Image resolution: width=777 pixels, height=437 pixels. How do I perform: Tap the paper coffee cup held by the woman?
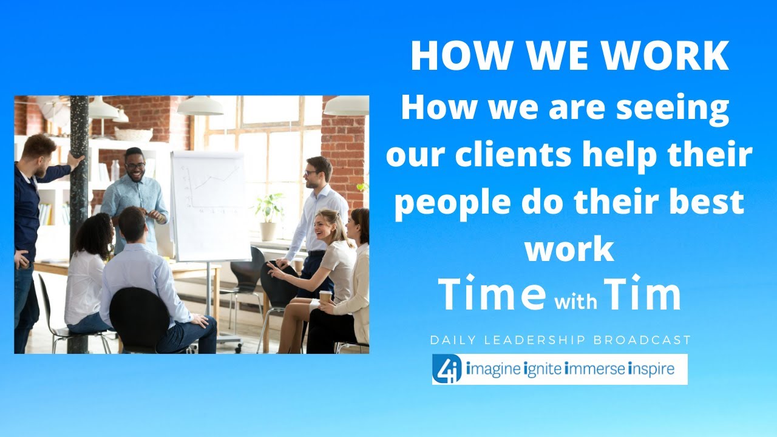click(326, 297)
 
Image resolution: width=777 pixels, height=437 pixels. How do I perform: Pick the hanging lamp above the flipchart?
click(200, 106)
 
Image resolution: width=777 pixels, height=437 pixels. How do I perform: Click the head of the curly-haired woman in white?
click(95, 234)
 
